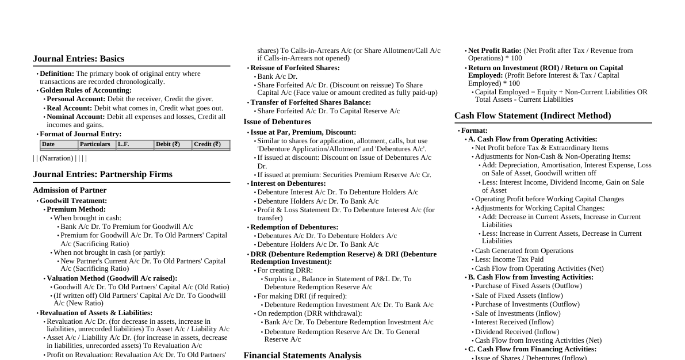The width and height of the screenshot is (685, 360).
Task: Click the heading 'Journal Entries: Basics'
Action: coord(78,59)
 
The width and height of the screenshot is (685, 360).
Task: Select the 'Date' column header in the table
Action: coord(48,144)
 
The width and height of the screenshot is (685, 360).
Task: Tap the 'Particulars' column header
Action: coord(95,144)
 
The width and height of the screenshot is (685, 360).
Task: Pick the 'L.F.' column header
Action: coord(123,144)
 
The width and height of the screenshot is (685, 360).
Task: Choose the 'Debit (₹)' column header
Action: coord(168,144)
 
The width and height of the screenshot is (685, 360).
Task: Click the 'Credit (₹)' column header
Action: coord(207,144)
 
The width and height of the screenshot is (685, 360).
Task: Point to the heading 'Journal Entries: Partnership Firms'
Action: coord(102,174)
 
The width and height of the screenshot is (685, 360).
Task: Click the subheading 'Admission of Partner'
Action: coord(70,190)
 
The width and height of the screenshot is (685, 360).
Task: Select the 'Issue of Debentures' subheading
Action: coord(277,122)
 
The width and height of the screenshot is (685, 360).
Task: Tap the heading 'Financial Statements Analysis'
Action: coord(303,355)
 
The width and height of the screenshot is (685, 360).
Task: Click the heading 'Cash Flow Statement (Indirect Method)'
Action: coord(533,116)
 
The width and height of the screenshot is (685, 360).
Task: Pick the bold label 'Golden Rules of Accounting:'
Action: coord(86,90)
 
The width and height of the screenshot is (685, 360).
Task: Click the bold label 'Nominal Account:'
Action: coord(76,117)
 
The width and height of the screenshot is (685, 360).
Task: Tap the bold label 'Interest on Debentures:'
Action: coord(288,183)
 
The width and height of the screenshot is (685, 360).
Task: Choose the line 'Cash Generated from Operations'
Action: coord(524,251)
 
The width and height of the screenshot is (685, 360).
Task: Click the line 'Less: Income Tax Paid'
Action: coord(509,259)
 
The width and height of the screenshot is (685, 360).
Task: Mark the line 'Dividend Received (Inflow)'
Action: coord(516,332)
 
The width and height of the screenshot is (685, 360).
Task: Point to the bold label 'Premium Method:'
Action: coord(76,209)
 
